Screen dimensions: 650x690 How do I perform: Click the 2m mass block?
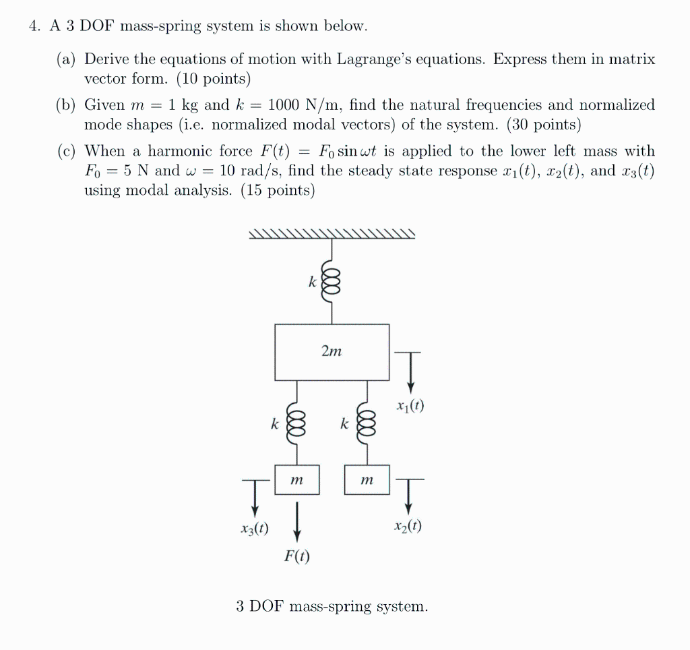point(332,351)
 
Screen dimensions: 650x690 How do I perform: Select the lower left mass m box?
point(296,479)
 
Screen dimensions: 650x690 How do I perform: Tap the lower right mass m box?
point(367,479)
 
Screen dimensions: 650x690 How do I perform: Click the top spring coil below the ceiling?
point(330,283)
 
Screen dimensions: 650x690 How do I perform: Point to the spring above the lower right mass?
point(367,423)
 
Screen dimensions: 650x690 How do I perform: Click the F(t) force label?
point(296,557)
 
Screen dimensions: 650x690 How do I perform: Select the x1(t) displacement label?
point(411,407)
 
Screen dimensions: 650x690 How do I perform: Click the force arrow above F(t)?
point(296,520)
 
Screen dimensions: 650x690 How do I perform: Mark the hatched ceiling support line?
point(332,234)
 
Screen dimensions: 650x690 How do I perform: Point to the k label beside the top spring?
point(312,283)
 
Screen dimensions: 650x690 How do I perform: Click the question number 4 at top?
point(33,27)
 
